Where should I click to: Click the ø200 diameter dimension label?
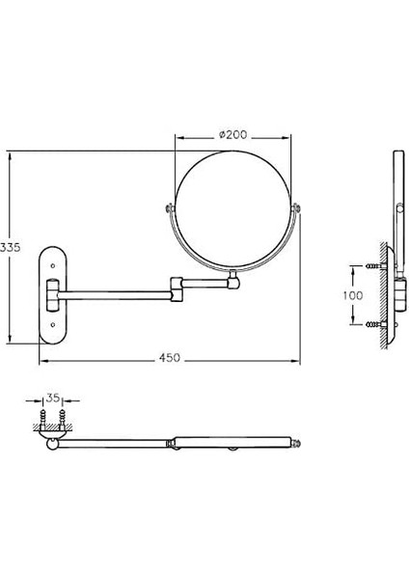[232, 134]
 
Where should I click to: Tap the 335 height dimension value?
[10, 247]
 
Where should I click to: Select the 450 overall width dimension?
[170, 357]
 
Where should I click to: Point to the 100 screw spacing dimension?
[353, 295]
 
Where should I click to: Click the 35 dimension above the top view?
[53, 398]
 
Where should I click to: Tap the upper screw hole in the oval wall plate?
[53, 265]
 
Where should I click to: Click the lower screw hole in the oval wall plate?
[53, 324]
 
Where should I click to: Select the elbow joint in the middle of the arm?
[177, 289]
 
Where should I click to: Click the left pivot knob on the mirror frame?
[170, 208]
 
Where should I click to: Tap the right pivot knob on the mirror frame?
[296, 208]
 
